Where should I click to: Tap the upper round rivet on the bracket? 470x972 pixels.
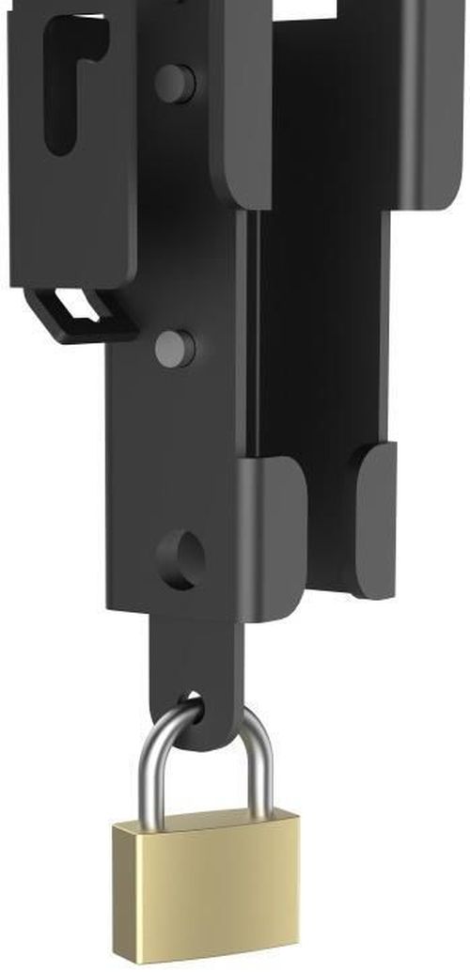point(174,83)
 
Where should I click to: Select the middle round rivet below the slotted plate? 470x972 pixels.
point(174,348)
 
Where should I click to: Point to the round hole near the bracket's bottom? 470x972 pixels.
point(181,560)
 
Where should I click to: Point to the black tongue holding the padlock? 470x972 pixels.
point(197,658)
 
